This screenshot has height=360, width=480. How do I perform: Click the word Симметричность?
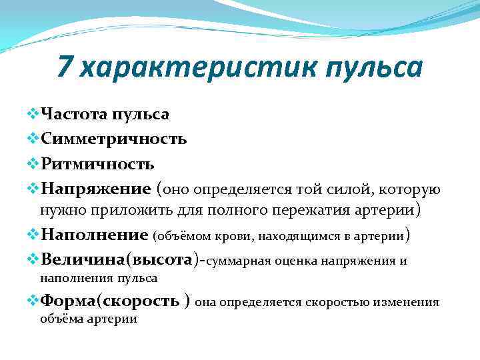113,139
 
